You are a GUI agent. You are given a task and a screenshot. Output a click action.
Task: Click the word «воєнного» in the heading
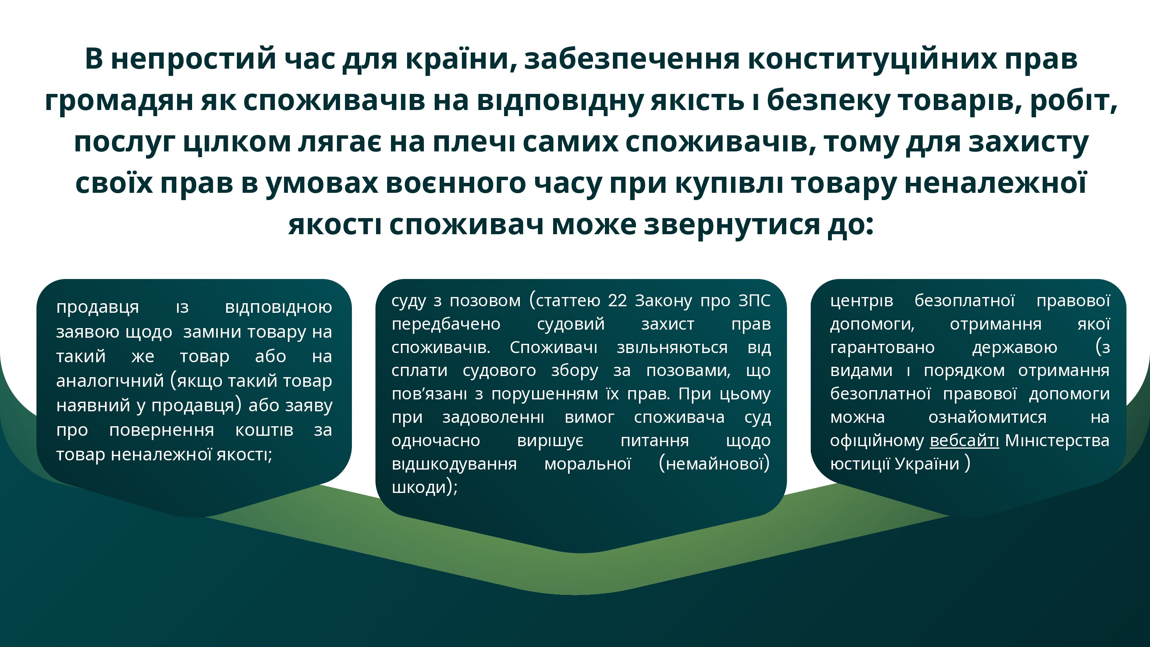coord(456,184)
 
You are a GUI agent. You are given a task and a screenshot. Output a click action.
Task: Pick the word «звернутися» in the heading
coord(732,225)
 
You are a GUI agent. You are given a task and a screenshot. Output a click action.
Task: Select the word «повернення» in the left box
coord(162,430)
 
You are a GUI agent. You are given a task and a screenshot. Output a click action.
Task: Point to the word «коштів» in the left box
coord(264,430)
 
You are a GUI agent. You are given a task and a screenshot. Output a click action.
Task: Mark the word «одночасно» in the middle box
coord(436,441)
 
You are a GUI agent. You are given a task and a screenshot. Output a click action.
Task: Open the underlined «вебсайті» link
coord(964,441)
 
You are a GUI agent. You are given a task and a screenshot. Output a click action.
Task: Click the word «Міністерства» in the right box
coord(1057,441)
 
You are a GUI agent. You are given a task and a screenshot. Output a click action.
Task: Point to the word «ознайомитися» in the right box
coord(987,417)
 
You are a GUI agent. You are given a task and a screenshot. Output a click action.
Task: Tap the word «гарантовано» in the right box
coord(882,347)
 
